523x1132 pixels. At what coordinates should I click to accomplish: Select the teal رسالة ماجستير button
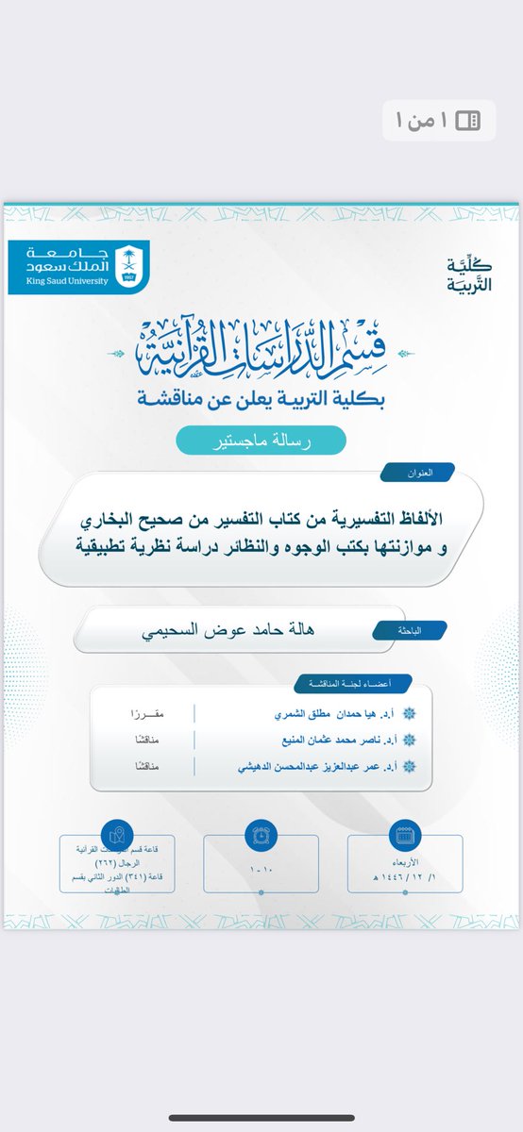click(x=261, y=440)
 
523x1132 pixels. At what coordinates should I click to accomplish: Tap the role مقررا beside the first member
click(x=145, y=714)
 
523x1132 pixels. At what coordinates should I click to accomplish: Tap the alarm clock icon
click(x=261, y=835)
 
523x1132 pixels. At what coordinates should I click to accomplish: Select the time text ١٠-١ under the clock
click(x=261, y=866)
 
